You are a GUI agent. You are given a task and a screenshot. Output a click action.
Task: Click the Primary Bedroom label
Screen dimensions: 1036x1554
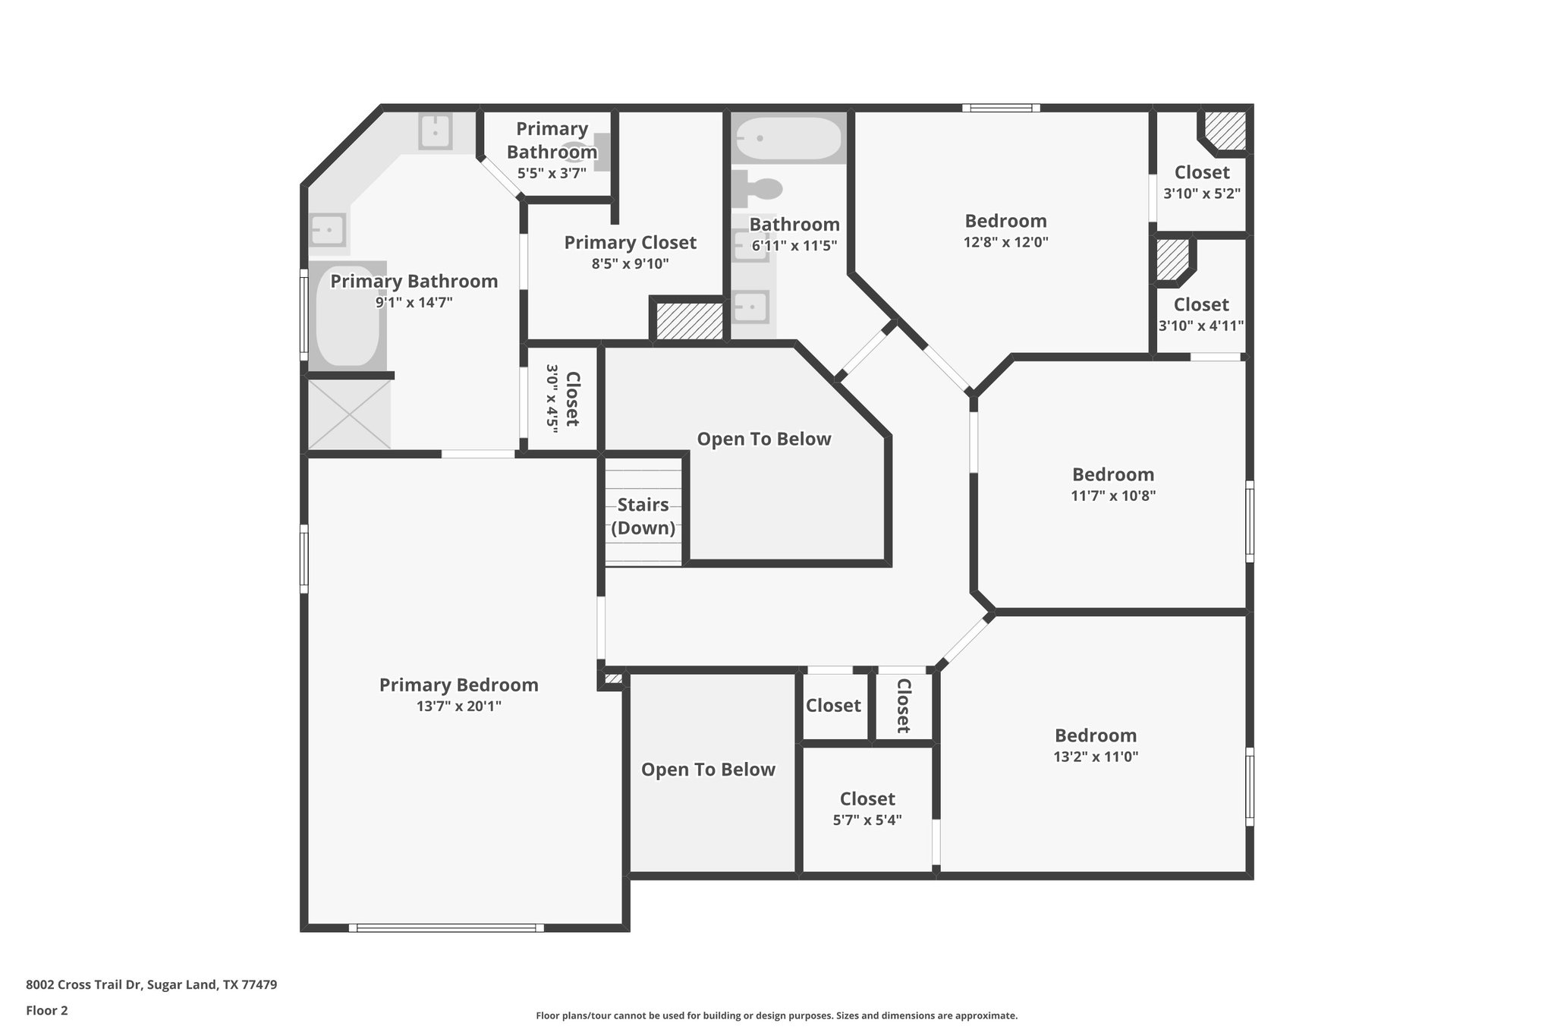[458, 685]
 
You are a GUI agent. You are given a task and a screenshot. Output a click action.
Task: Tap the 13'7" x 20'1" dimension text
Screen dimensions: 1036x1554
[458, 706]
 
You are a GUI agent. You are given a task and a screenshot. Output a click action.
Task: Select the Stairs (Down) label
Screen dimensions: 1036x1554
[643, 516]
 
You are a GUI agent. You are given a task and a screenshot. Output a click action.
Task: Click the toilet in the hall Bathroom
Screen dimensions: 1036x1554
[759, 187]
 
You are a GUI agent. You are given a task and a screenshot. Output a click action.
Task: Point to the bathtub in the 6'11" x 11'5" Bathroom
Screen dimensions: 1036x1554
[788, 138]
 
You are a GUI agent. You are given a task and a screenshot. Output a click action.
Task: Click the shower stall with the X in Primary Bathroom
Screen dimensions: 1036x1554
[349, 414]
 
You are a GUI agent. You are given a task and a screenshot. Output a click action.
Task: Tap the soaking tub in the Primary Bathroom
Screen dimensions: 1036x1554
[347, 316]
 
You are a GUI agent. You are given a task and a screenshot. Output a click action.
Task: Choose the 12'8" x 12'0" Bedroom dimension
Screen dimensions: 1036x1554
[1005, 242]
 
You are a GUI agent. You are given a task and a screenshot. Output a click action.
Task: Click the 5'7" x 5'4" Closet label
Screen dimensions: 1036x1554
[867, 798]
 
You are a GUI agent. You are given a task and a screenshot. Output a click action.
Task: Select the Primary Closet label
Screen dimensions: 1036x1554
[630, 242]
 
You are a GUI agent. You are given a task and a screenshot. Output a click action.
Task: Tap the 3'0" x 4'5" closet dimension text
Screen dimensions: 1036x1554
[552, 398]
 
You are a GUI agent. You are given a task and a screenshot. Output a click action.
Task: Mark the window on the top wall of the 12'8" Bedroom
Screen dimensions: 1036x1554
[1001, 109]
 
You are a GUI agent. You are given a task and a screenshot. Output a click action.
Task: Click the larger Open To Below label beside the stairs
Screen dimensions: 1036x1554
[763, 439]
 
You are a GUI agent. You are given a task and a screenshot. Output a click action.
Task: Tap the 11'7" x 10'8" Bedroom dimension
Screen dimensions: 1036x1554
[1112, 496]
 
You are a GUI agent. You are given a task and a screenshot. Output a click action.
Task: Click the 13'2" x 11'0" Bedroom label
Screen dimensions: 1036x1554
[1095, 735]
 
